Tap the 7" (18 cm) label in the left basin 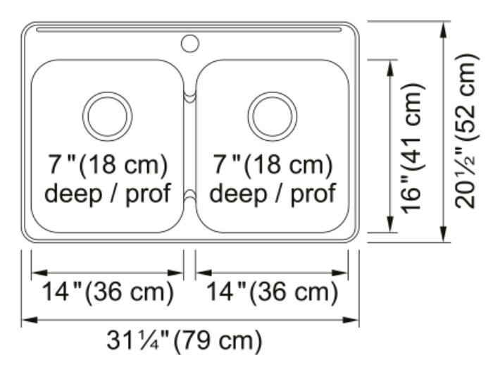108,165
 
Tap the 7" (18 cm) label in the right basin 273,165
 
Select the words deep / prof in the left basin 108,194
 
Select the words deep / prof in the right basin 273,194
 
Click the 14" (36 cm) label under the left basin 108,292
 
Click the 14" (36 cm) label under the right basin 272,292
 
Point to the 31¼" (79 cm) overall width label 185,341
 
